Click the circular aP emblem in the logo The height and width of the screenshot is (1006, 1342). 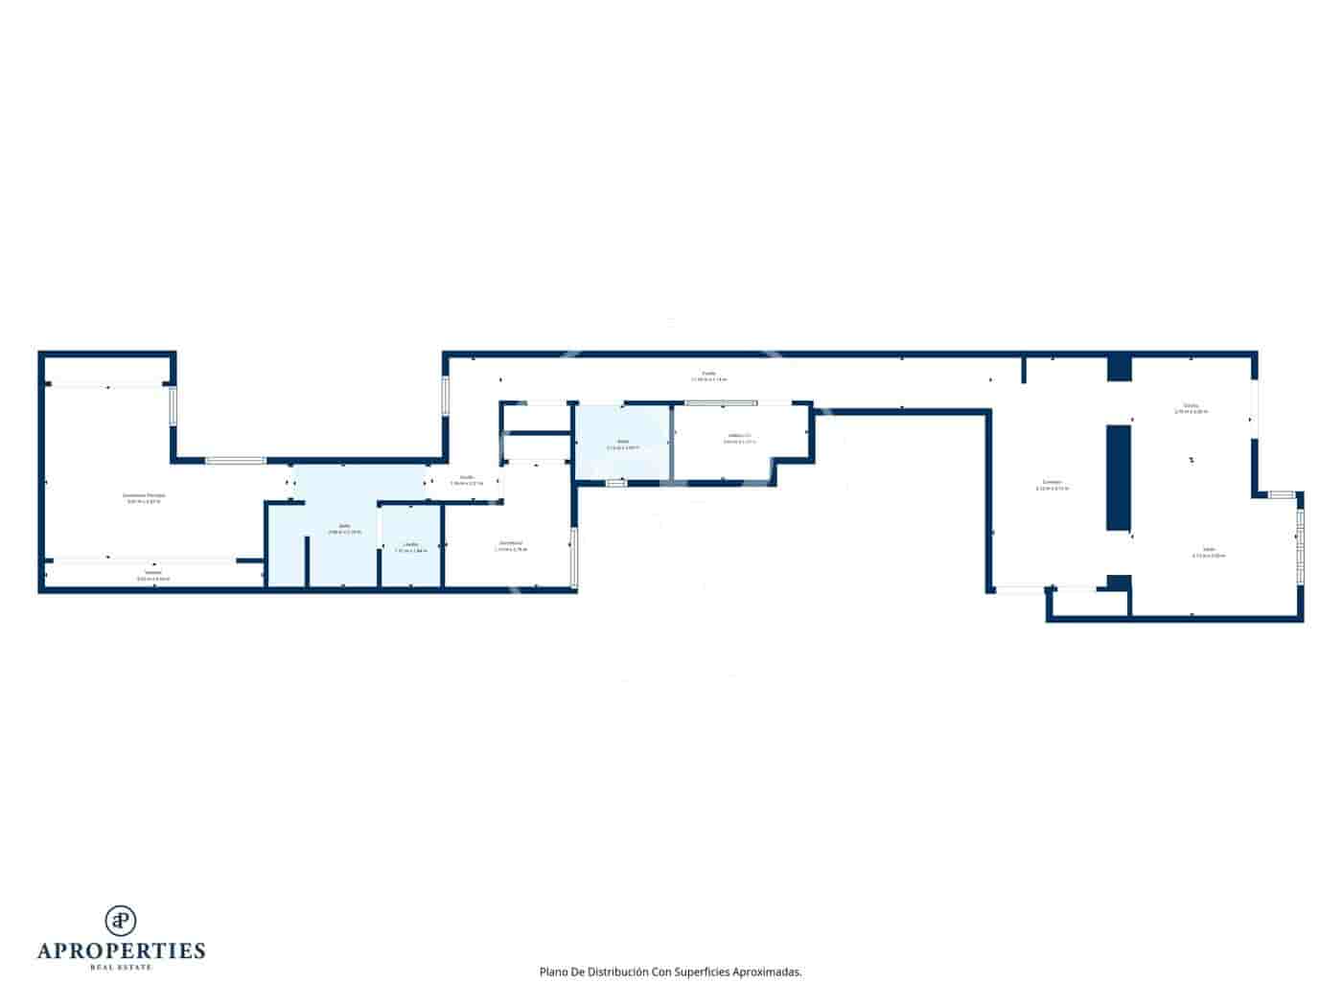pyautogui.click(x=121, y=921)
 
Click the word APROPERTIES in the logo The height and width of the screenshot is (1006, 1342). pyautogui.click(x=121, y=950)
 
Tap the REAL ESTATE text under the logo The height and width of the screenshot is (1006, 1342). pyautogui.click(x=121, y=968)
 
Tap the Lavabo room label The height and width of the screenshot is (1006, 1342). pyautogui.click(x=410, y=546)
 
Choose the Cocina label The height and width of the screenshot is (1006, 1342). pyautogui.click(x=1191, y=407)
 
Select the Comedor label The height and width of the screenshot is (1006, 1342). pyautogui.click(x=1052, y=484)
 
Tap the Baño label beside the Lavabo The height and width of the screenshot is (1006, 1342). pyautogui.click(x=344, y=528)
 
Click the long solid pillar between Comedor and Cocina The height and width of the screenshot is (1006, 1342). pyautogui.click(x=1118, y=477)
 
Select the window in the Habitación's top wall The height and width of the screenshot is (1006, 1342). pyautogui.click(x=721, y=403)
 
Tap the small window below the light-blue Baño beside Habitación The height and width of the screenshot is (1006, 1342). pyautogui.click(x=615, y=483)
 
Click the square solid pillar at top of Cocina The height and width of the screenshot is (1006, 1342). pyautogui.click(x=1119, y=369)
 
